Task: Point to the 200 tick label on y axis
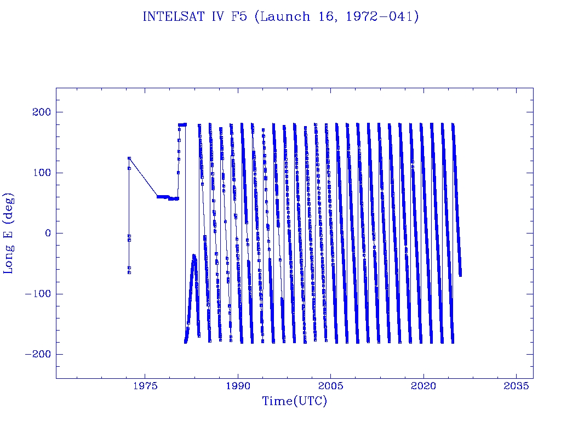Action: pyautogui.click(x=41, y=112)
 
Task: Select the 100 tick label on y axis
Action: pyautogui.click(x=41, y=173)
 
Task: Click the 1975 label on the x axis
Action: pyautogui.click(x=145, y=387)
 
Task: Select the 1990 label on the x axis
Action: pyautogui.click(x=238, y=387)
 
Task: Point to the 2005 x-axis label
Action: pyautogui.click(x=331, y=387)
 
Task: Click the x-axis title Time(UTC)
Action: pyautogui.click(x=294, y=401)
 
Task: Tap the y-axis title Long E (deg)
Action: pyautogui.click(x=9, y=233)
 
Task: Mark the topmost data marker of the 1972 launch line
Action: pyautogui.click(x=129, y=158)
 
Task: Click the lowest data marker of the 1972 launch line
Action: pyautogui.click(x=129, y=272)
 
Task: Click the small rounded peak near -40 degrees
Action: pyautogui.click(x=194, y=255)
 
